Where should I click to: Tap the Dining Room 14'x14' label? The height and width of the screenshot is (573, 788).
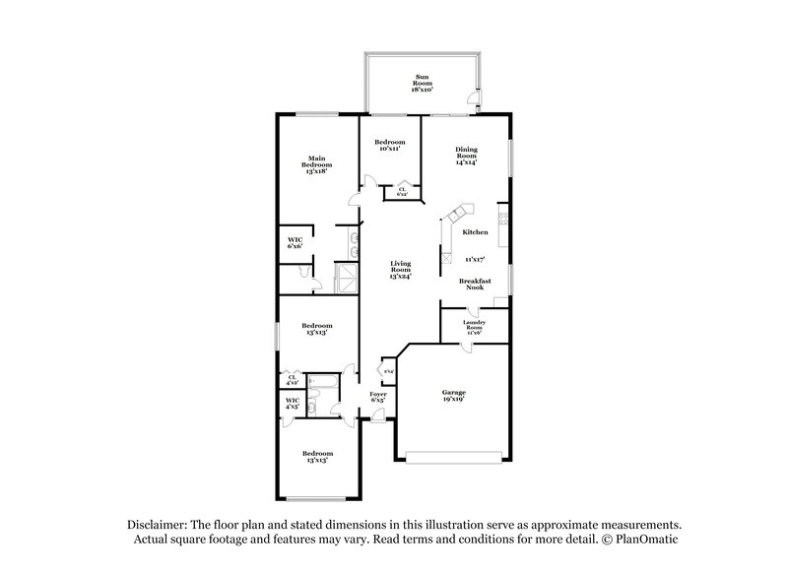pos(466,156)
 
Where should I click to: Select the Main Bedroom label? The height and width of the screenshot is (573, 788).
pos(316,164)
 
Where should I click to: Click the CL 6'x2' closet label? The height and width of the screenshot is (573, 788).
pos(402,191)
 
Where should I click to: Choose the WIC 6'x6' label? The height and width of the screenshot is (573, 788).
pos(295,243)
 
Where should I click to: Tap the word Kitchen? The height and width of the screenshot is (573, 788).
pos(476,232)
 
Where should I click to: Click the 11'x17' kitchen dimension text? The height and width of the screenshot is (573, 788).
pos(476,260)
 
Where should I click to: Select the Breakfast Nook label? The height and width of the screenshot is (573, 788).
pos(476,283)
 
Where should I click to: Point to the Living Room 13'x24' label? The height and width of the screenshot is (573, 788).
pos(400,269)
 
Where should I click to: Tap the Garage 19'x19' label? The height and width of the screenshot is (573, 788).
pos(453,396)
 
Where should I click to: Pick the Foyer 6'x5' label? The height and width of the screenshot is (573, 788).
pos(377,397)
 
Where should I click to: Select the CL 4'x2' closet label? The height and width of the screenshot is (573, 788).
pos(292,379)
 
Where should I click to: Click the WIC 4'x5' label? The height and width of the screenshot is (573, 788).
pos(292,403)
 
